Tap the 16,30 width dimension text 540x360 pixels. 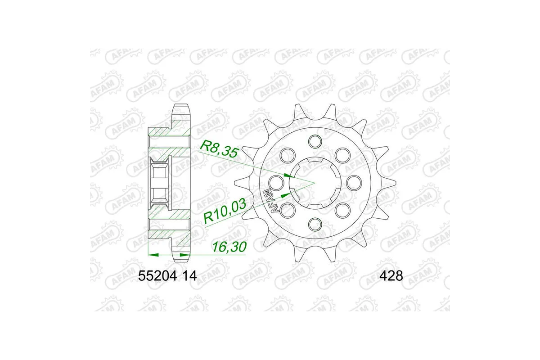point(230,247)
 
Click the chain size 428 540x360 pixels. point(391,275)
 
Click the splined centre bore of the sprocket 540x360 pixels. point(315,182)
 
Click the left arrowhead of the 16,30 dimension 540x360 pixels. point(152,255)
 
